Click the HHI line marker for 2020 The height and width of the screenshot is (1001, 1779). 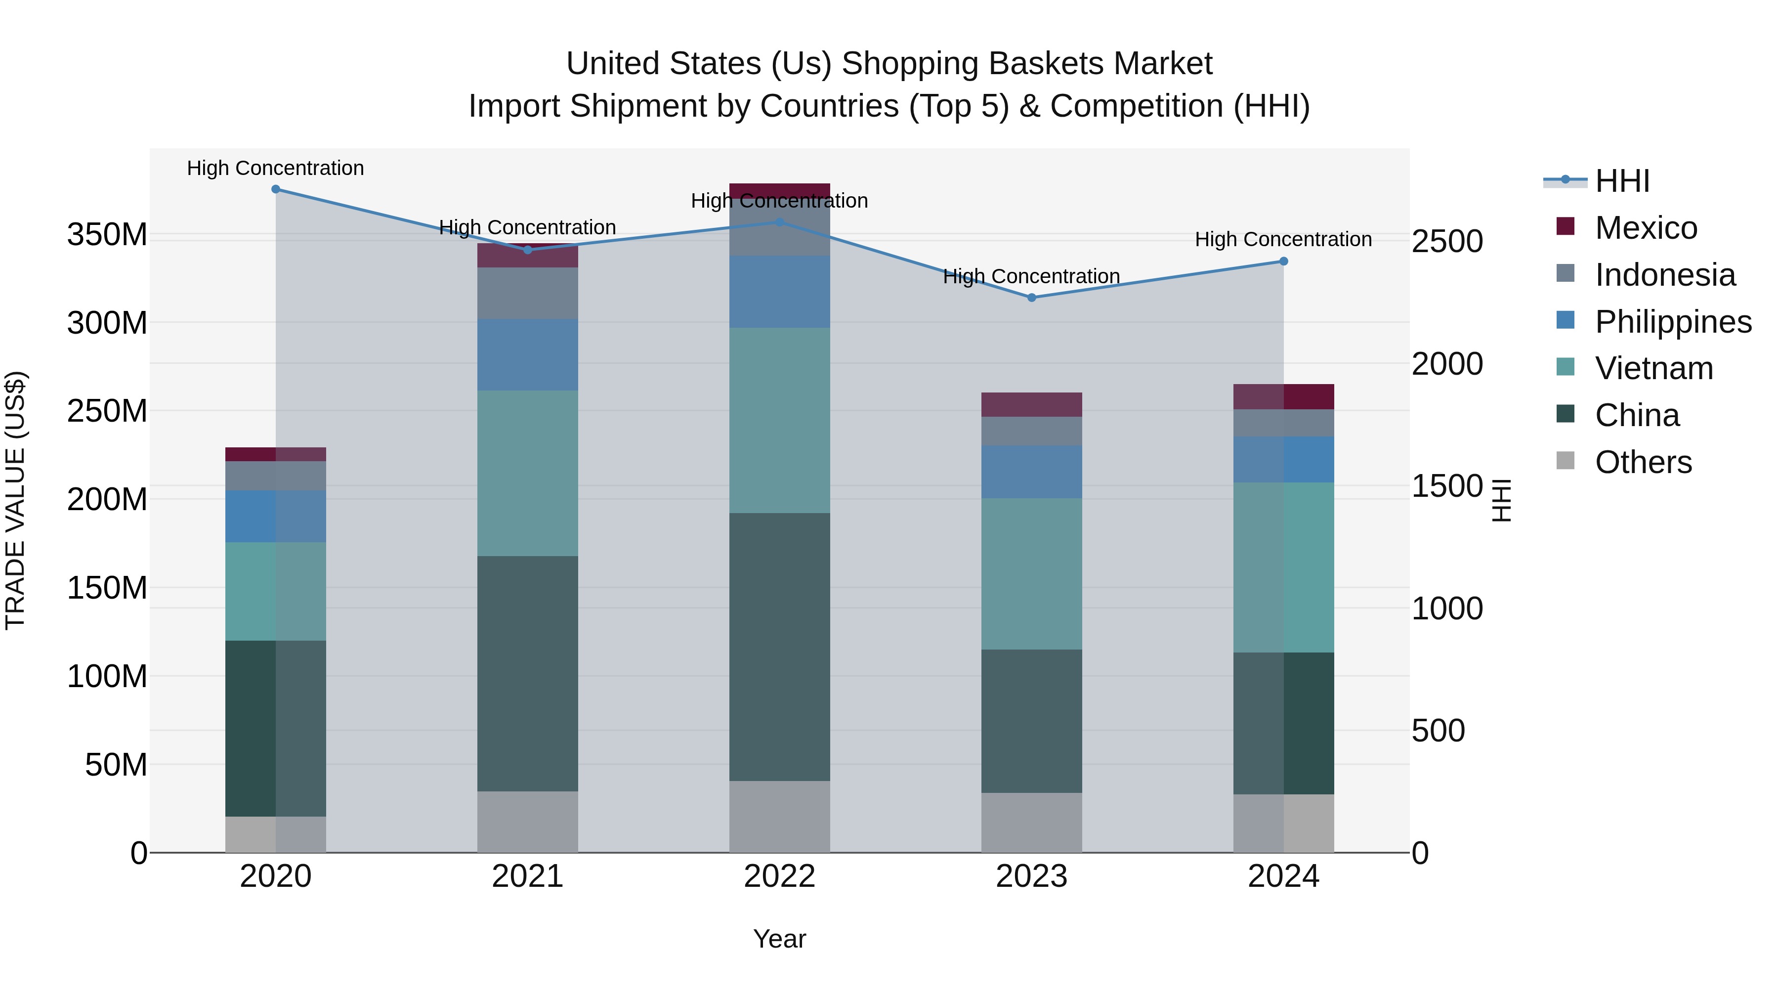276,189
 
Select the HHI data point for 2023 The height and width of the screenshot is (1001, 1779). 1032,298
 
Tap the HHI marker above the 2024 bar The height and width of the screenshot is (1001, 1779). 1284,261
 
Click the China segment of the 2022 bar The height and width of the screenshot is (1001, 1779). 780,647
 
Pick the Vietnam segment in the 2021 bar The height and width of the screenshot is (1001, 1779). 528,473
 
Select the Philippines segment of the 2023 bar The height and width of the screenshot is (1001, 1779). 1032,472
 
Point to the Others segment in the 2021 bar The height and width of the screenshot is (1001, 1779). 528,822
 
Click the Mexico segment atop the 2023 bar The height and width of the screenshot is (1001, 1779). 1032,405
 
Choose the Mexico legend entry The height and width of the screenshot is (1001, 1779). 1646,228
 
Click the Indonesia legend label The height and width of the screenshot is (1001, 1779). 1665,275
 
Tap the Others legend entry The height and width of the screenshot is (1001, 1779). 1643,462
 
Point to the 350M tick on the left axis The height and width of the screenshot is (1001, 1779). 107,235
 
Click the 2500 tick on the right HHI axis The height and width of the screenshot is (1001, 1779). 1447,242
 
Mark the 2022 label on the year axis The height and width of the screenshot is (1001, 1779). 780,876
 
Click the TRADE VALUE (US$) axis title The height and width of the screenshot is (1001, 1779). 15,500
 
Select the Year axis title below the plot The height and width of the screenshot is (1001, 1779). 780,939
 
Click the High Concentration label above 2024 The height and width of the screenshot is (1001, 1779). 1283,239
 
